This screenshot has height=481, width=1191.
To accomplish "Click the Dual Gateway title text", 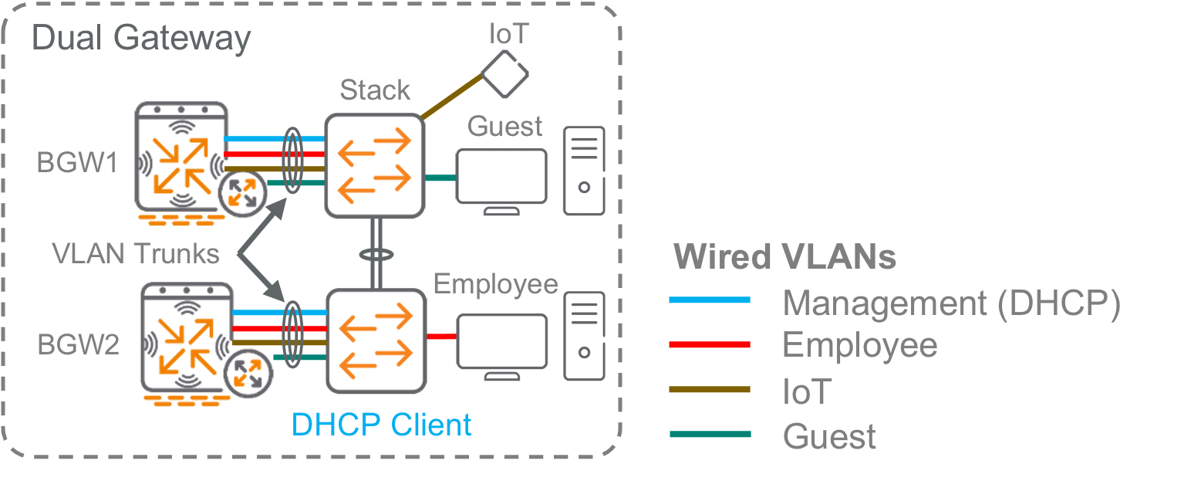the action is coord(141,39).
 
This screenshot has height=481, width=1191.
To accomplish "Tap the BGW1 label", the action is coord(77,162).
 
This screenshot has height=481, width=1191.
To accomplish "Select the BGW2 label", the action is coord(78,345).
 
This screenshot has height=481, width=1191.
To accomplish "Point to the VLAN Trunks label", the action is coord(136,253).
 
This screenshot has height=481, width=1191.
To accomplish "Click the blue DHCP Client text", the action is coord(381,425).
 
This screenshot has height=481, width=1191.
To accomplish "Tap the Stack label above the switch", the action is coord(375,90).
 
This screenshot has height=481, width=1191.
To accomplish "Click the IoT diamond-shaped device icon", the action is coord(504,74).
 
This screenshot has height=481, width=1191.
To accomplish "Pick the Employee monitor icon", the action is coord(502,347).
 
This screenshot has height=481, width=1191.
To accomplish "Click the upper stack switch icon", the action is coord(375,165).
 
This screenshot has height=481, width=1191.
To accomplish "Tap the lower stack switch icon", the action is coord(376,341).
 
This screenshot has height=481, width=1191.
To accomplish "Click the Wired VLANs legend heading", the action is coord(784,257).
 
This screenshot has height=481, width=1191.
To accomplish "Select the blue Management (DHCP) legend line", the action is coord(710,300).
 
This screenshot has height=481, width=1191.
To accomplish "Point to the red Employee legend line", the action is coord(710,345).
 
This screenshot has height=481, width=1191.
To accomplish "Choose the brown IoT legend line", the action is coord(710,389).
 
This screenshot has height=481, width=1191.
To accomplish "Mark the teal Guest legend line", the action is coord(710,434).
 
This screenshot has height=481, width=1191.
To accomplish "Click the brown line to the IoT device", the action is coord(452,97).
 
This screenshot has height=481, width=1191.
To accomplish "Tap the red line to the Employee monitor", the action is coord(441,337).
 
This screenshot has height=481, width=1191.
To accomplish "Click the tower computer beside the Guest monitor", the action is coord(585,171).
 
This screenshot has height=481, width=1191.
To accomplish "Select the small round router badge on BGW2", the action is coord(248,374).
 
